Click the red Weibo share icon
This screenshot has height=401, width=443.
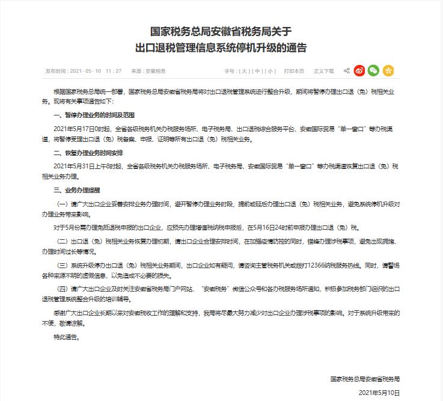pyautogui.click(x=359, y=70)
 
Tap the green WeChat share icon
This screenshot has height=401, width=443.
pyautogui.click(x=373, y=70)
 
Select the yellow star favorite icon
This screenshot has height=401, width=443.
pyautogui.click(x=388, y=70)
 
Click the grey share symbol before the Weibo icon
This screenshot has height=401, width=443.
pyautogui.click(x=347, y=71)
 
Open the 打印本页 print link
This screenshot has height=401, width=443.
pyautogui.click(x=295, y=71)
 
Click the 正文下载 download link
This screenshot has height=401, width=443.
pyautogui.click(x=323, y=71)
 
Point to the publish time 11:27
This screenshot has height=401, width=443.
pyautogui.click(x=113, y=71)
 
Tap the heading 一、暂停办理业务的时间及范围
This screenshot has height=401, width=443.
pyautogui.click(x=85, y=114)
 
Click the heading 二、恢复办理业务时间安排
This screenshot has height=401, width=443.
pyautogui.click(x=81, y=153)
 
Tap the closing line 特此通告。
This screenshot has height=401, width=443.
pyautogui.click(x=67, y=337)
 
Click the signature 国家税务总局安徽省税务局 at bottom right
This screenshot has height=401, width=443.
pyautogui.click(x=365, y=379)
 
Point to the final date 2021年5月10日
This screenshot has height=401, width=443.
pyautogui.click(x=379, y=393)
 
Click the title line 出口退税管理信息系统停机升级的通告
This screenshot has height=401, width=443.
pyautogui.click(x=221, y=47)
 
